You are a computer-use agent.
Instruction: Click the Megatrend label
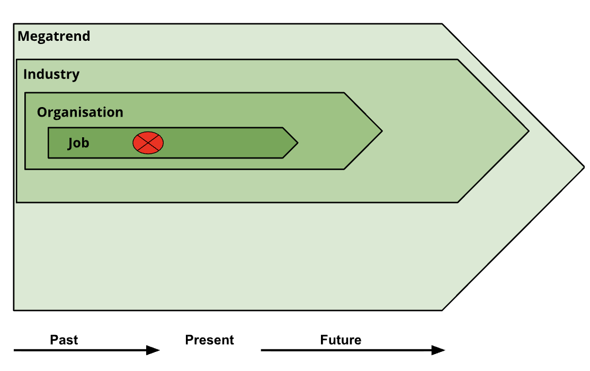[54, 37]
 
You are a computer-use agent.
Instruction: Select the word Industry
[51, 74]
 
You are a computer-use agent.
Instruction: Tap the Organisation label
[80, 112]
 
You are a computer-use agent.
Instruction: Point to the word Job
[78, 143]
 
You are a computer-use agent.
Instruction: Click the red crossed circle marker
[148, 143]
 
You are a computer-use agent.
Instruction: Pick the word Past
[64, 340]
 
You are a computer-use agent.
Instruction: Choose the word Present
[209, 340]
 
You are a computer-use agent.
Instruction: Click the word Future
[341, 340]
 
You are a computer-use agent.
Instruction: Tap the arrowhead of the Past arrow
[154, 350]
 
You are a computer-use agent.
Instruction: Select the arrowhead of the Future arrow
[439, 350]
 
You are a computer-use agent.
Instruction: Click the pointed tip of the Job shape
[297, 143]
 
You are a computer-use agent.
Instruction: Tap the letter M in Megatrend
[23, 37]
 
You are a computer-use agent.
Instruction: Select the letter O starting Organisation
[41, 112]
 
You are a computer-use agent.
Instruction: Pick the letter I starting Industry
[25, 74]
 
